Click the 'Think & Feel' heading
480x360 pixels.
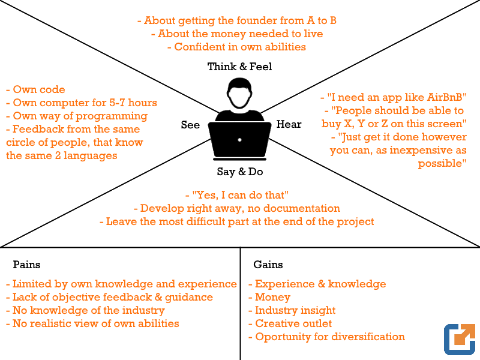coord(239,67)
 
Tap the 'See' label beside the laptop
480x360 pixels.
coord(190,125)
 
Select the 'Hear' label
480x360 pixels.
coord(289,124)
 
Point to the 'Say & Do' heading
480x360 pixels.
coord(239,172)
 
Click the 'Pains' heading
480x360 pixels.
coord(26,265)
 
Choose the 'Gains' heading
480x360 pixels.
coord(268,265)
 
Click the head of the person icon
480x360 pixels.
coord(239,94)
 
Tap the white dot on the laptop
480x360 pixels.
coord(239,140)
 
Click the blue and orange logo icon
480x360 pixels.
coord(460,339)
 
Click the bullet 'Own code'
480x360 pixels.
coord(36,89)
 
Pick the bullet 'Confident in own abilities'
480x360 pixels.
coord(236,47)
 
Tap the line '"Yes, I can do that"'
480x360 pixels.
coord(237,195)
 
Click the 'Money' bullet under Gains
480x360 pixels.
coord(269,297)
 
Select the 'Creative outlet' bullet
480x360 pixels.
coord(290,323)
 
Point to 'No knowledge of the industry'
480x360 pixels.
coord(85,310)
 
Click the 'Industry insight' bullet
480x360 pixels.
coord(292,310)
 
